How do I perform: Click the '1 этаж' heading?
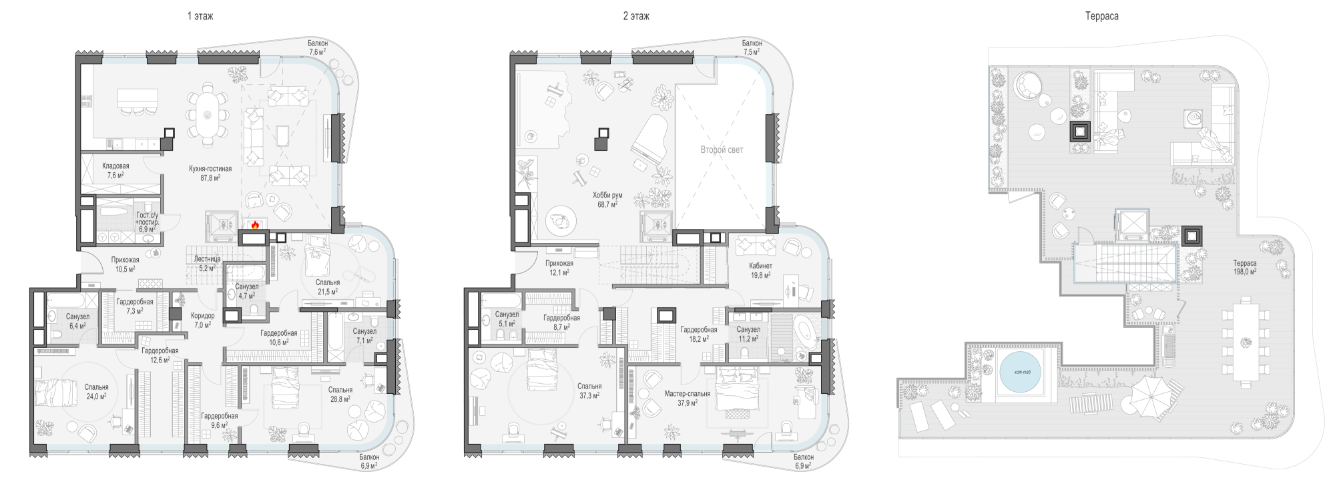[200, 16]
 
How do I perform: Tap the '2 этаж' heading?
[636, 16]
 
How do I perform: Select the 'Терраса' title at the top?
[1101, 16]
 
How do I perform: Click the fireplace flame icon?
[254, 225]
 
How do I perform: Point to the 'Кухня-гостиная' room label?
[210, 169]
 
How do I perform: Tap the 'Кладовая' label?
[115, 166]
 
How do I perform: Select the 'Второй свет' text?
[722, 150]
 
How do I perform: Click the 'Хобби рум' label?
[607, 196]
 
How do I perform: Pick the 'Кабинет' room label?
[760, 266]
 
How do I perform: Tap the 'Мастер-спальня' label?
[688, 394]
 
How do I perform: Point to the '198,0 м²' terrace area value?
[1245, 272]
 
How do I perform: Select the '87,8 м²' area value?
[210, 178]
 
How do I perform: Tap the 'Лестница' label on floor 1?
[208, 259]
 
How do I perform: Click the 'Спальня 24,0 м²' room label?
[96, 391]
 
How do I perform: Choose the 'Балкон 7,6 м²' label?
[317, 47]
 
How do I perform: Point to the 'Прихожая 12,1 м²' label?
[559, 268]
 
